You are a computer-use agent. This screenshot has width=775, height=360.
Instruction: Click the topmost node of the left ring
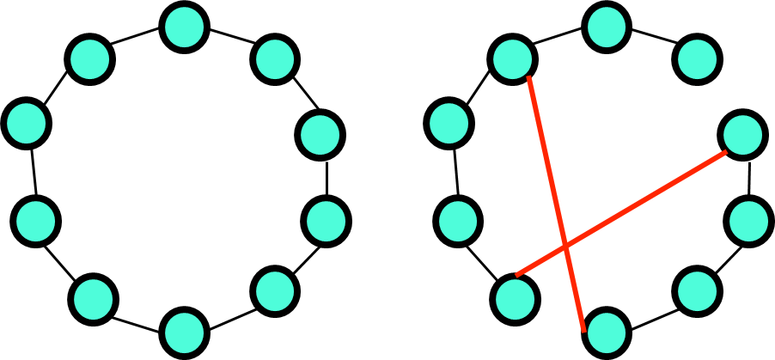pos(183,27)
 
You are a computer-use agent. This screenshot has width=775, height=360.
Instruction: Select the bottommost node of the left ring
pos(184,332)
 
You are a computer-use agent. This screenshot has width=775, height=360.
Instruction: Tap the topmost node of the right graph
pos(608,27)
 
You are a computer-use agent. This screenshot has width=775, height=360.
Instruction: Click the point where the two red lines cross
pos(564,247)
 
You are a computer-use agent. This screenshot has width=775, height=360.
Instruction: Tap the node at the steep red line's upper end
pos(513,59)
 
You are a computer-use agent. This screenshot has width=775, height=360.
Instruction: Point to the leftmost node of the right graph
pos(447,122)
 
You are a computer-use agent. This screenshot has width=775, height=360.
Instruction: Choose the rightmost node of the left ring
pos(326,220)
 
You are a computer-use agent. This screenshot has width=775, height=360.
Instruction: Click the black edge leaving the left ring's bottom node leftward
pos(138,314)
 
